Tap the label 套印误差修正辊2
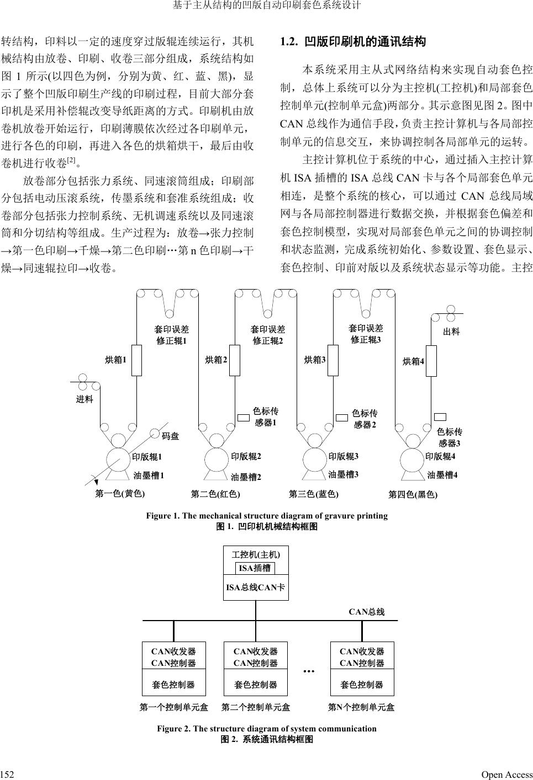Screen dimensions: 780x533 coord(268,335)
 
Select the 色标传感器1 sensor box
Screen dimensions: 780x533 coord(243,417)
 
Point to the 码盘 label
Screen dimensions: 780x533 coord(170,436)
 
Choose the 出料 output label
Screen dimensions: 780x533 coord(451,332)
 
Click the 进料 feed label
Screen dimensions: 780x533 coord(85,399)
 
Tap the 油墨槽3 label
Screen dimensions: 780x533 coord(344,474)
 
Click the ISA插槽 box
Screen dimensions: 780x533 coord(255,568)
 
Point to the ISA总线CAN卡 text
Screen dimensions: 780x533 coord(255,587)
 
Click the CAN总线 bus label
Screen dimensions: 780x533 coord(366,612)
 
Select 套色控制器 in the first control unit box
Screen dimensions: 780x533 coord(173,685)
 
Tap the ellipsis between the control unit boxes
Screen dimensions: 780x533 coord(309,671)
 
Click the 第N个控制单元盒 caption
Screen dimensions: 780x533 coord(361,707)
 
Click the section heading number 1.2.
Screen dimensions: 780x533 coord(289,42)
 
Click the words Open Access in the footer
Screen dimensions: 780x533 coord(506,774)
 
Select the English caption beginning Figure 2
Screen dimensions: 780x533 coord(267,728)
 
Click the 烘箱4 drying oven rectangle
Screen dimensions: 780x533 coord(431,362)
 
